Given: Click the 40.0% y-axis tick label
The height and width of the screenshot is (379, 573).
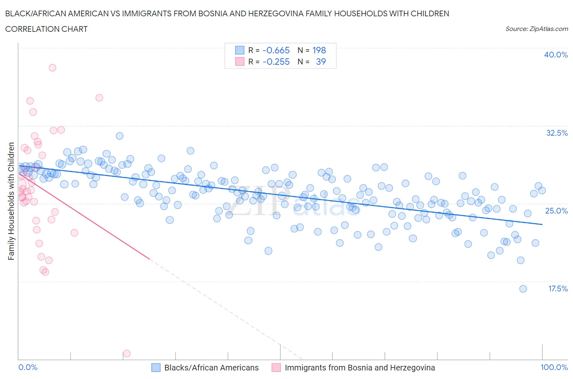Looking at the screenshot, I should (x=555, y=55).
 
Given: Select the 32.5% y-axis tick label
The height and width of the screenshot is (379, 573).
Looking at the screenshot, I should (x=557, y=133).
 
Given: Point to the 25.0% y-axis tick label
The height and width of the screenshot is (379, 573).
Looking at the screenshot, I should (x=557, y=211).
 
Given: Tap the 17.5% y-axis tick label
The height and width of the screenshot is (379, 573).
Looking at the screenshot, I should (x=558, y=289).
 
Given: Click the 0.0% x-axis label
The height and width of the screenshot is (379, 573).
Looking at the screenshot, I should (x=28, y=367).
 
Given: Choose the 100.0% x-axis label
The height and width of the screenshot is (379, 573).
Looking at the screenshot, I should (x=554, y=367).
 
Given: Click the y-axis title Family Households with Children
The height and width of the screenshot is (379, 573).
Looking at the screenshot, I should (x=11, y=201).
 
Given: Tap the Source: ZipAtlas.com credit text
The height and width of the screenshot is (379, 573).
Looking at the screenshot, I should (x=536, y=29).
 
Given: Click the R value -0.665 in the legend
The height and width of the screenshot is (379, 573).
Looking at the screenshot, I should (x=276, y=50).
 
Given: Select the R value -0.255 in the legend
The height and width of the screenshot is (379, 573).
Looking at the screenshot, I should (x=276, y=62).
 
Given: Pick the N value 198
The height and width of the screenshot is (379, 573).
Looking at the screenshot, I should (x=319, y=50).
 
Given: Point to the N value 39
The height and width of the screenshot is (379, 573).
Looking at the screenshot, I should (x=321, y=62).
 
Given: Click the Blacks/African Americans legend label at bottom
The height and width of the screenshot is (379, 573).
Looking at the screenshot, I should (x=211, y=368).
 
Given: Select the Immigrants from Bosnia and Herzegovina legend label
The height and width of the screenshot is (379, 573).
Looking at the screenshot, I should (x=359, y=368).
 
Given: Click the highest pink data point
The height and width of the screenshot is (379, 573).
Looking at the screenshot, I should (x=52, y=68).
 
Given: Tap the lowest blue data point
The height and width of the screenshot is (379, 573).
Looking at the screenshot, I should (x=523, y=289).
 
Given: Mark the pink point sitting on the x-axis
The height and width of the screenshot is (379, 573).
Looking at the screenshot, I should (x=127, y=353).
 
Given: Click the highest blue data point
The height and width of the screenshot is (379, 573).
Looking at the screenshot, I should (x=119, y=136).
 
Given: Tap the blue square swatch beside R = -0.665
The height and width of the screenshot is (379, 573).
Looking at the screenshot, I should (x=240, y=50).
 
